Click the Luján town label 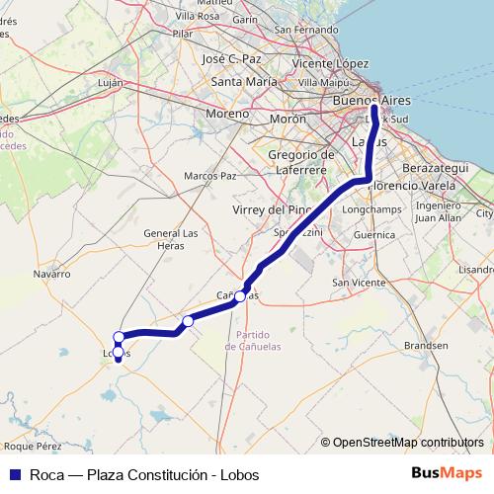coord(111,83)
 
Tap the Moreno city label coord(227,114)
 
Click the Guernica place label coord(374,235)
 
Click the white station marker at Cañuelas coord(240,295)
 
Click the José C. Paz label coord(232,58)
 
